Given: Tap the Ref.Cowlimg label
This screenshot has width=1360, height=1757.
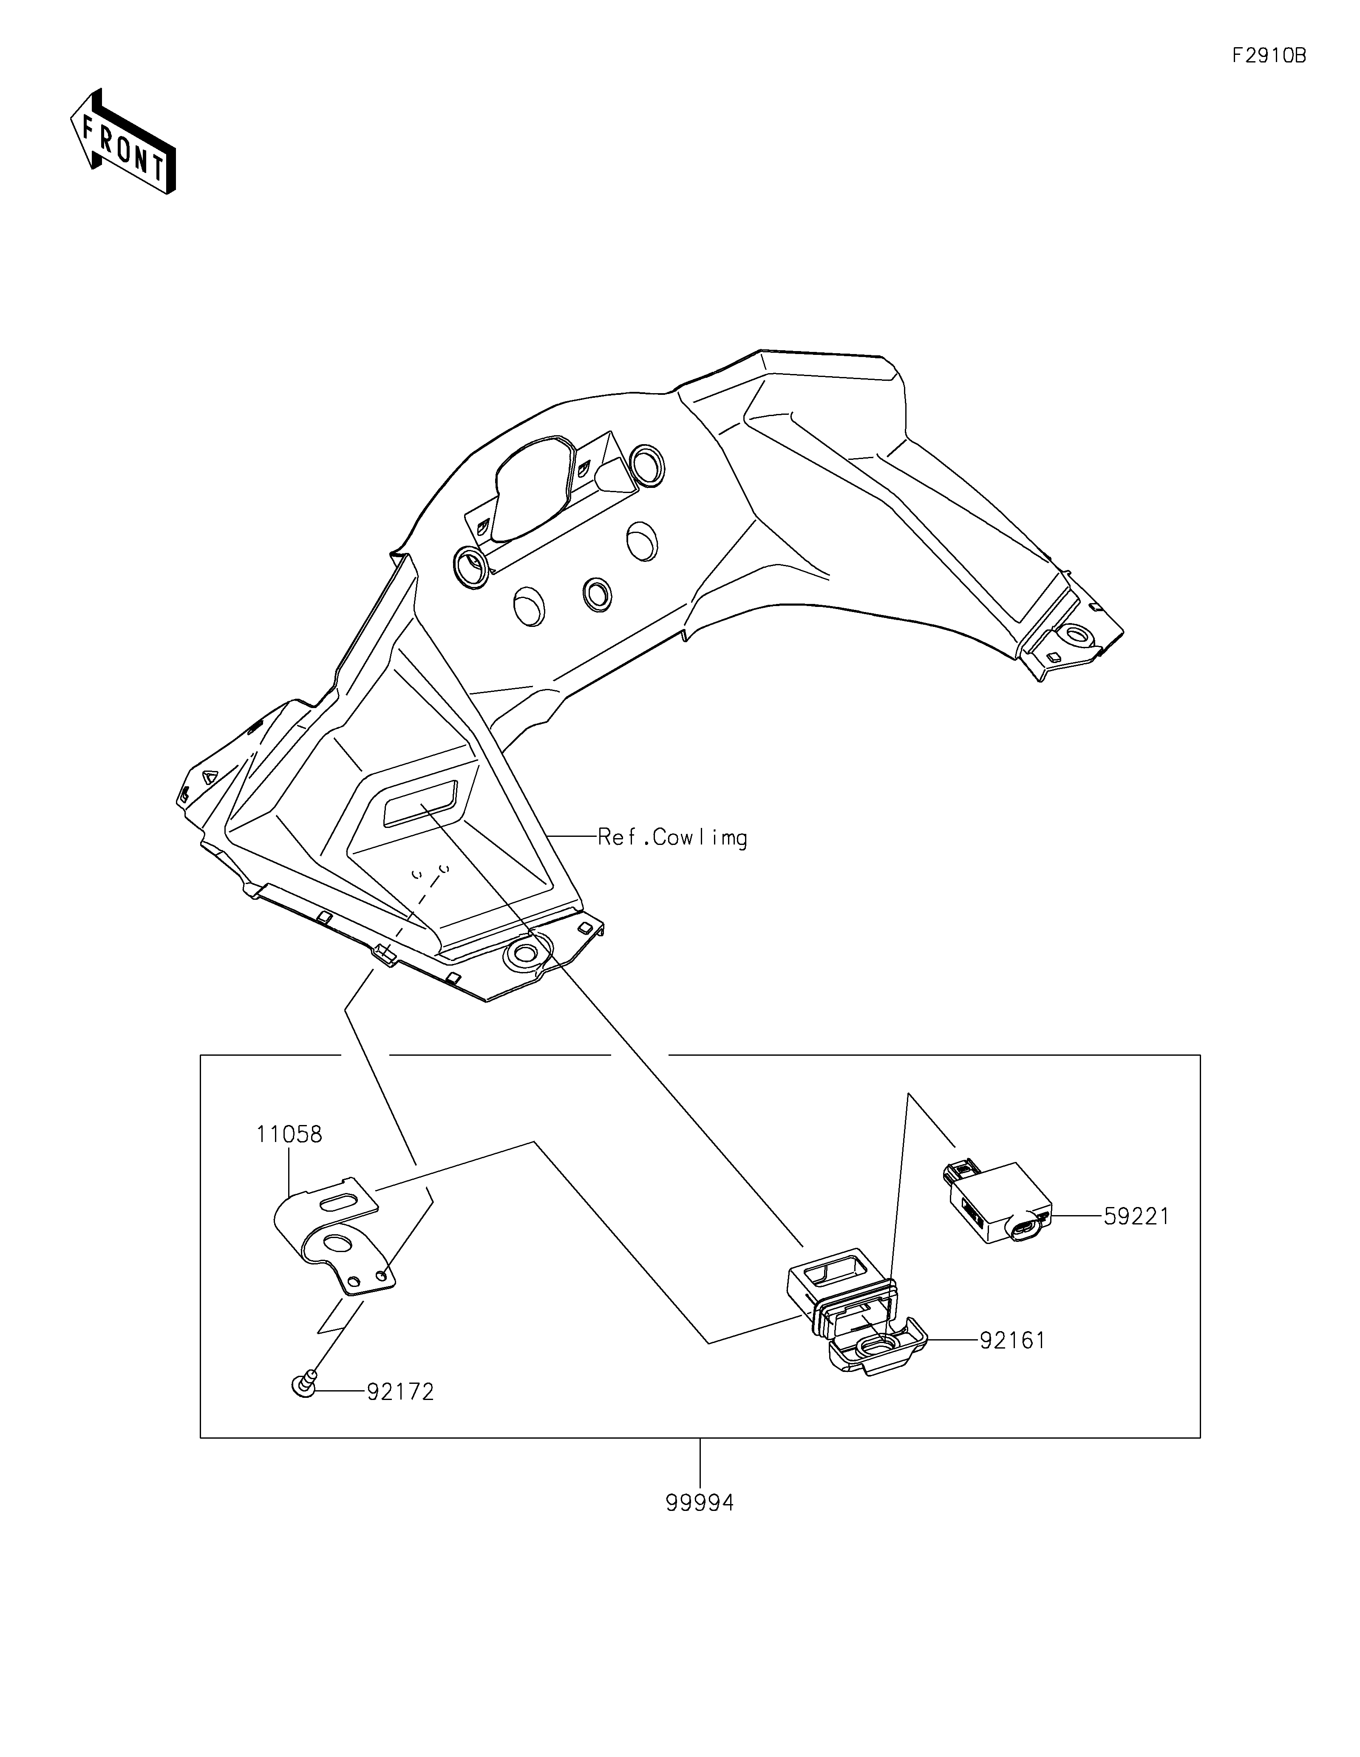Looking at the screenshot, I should (671, 838).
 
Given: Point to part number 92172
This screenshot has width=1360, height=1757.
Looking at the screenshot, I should (400, 1392).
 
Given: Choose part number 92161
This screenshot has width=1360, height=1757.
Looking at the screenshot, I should (1012, 1340).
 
